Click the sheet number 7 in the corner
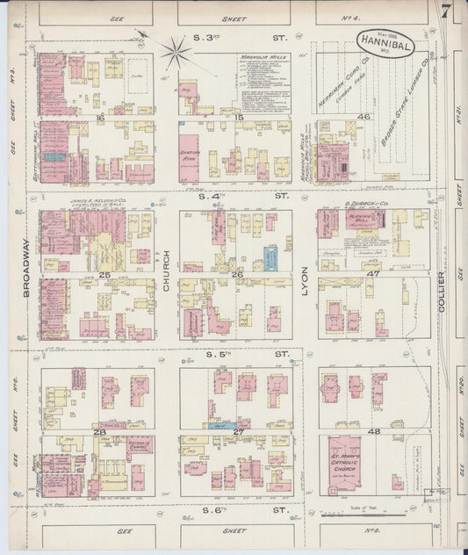pyautogui.click(x=447, y=12)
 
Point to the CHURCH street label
pyautogui.click(x=167, y=275)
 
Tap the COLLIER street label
pyautogui.click(x=442, y=294)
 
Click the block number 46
pyautogui.click(x=363, y=116)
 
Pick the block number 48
pyautogui.click(x=374, y=431)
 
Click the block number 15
pyautogui.click(x=238, y=117)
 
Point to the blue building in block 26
pyautogui.click(x=270, y=257)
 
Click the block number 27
pyautogui.click(x=238, y=431)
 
